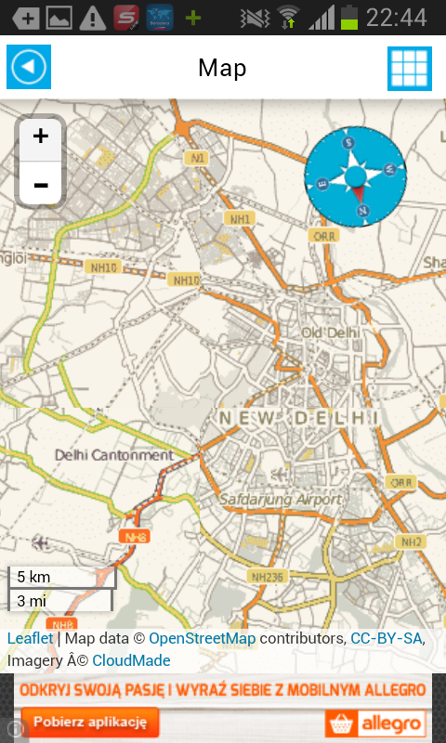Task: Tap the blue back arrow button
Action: (x=29, y=67)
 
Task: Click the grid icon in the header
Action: (x=410, y=68)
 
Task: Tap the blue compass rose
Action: (x=356, y=176)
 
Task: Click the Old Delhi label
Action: (x=330, y=332)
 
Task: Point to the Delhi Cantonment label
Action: (x=114, y=455)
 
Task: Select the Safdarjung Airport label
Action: (x=281, y=500)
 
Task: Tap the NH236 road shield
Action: (x=268, y=577)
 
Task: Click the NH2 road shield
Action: (x=410, y=541)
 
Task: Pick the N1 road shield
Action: (x=197, y=158)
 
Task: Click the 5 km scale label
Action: (x=34, y=577)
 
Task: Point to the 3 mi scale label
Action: (x=33, y=600)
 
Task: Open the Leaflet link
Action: (x=31, y=639)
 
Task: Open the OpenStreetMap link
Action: (x=202, y=639)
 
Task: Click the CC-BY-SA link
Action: (x=387, y=639)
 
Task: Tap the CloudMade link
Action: (x=131, y=660)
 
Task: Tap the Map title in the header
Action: (x=222, y=68)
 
